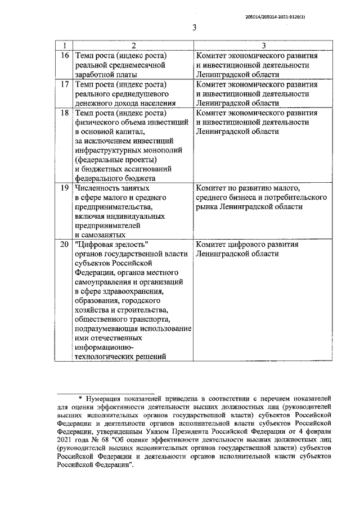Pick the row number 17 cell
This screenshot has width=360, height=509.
tap(64, 84)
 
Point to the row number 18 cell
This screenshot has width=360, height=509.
tap(64, 113)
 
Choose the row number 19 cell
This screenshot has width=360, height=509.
tap(64, 188)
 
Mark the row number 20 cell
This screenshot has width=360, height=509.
tap(64, 245)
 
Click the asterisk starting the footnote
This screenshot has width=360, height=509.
tap(80, 398)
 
